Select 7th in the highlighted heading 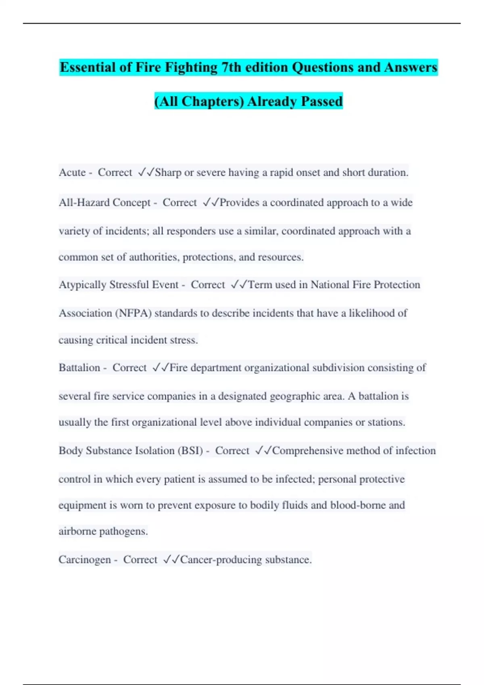tap(231, 67)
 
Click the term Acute tap(72, 172)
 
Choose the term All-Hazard tap(84, 202)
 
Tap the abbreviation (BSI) tap(190, 450)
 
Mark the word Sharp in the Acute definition tap(168, 172)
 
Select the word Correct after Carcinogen tap(140, 560)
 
